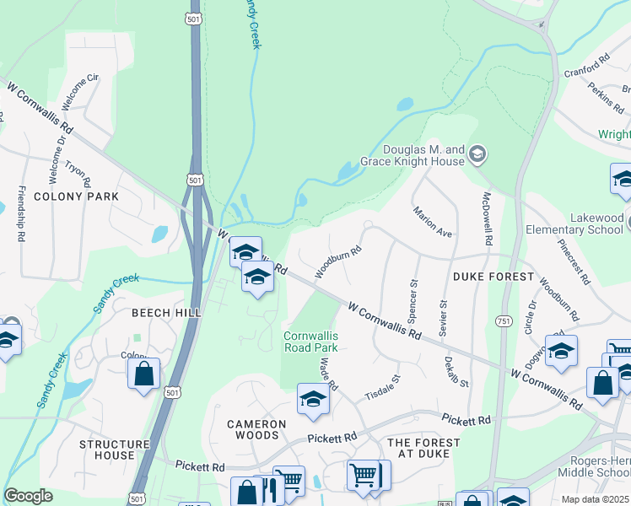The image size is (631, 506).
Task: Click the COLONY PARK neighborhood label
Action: (x=76, y=196)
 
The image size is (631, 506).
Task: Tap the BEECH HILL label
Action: (x=166, y=313)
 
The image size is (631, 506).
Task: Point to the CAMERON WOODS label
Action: (x=252, y=429)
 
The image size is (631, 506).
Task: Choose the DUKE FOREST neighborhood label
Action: (x=493, y=277)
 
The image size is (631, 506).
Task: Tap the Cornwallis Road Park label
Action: (x=310, y=342)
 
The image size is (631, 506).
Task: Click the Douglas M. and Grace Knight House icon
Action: (x=477, y=153)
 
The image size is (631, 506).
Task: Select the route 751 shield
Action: (x=503, y=321)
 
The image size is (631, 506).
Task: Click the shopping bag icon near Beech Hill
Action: (x=144, y=373)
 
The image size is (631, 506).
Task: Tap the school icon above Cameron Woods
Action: (x=312, y=399)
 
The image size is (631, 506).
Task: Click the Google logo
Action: (x=28, y=496)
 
